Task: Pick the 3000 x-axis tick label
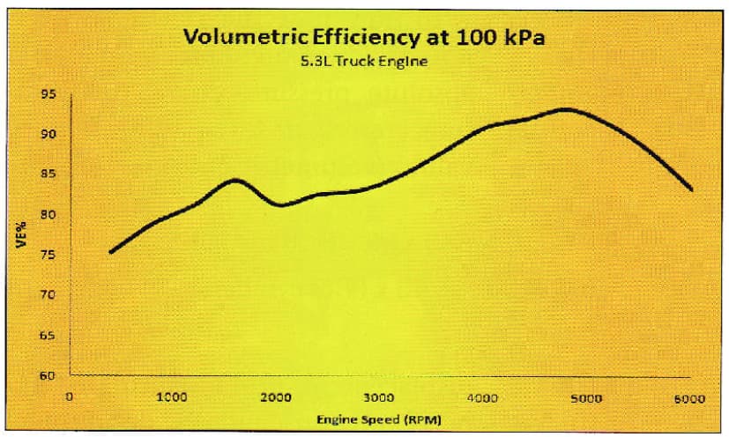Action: coord(379,397)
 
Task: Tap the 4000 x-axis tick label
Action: coord(482,397)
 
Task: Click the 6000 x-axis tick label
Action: coord(690,397)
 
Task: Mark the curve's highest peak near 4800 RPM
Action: coord(564,109)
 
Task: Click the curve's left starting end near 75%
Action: coord(110,252)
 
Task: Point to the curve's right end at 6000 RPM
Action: coord(692,189)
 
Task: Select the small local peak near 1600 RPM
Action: coord(234,180)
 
